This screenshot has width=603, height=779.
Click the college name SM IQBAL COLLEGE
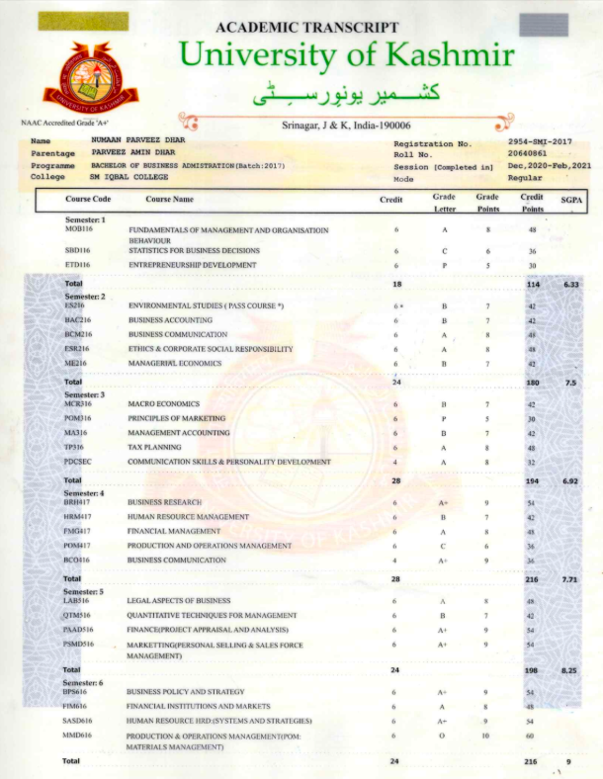(129, 177)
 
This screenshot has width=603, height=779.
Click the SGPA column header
(571, 200)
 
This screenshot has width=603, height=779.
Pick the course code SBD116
(78, 251)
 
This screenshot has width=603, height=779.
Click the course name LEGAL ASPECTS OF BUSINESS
(179, 601)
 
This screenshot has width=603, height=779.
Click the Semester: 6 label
(84, 683)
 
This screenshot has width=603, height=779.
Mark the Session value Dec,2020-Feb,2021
(549, 165)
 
